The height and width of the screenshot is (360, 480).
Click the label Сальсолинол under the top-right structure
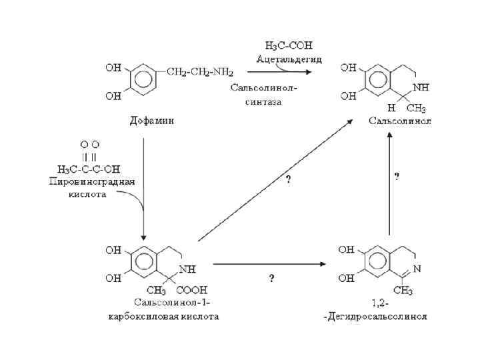(400, 121)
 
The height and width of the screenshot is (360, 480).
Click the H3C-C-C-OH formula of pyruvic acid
(90, 167)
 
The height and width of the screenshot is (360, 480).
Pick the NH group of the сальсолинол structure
(420, 87)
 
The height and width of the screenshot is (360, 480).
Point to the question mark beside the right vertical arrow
(397, 177)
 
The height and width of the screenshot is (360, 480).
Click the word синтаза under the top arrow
(265, 101)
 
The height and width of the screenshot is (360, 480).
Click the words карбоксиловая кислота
(163, 316)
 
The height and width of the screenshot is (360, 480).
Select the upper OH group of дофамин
(112, 67)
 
